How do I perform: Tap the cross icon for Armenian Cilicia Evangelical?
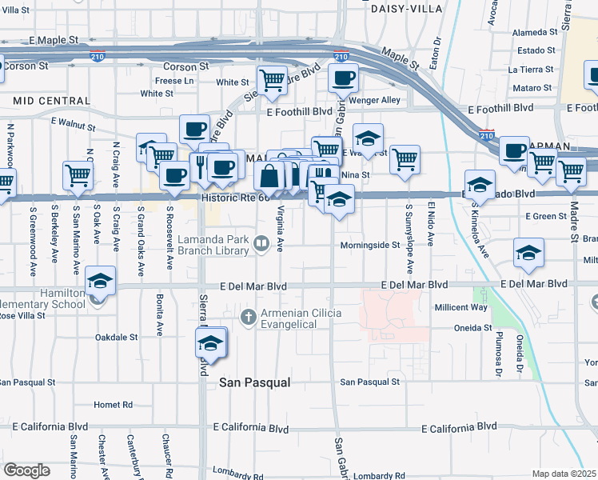point(249,316)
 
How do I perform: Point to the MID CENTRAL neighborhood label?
point(52,101)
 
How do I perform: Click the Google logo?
point(26,470)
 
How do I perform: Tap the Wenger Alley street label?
point(379,100)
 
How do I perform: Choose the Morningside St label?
point(369,245)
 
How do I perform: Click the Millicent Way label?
point(483,307)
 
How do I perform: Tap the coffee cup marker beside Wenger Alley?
point(343,78)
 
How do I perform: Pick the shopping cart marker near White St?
point(272,80)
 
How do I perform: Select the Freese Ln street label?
point(174,81)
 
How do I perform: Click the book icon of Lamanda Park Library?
point(261,242)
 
